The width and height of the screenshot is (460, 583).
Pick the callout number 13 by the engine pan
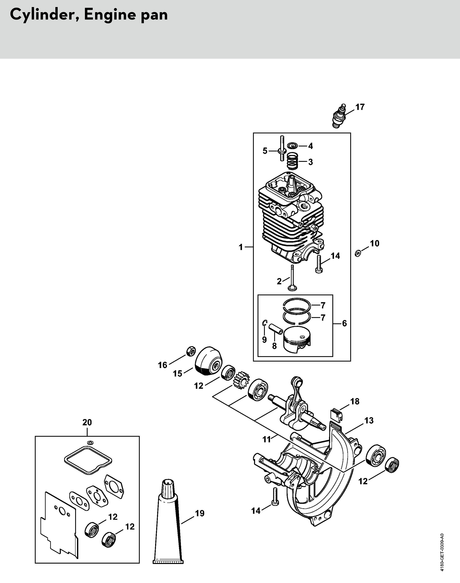pos(369,420)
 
